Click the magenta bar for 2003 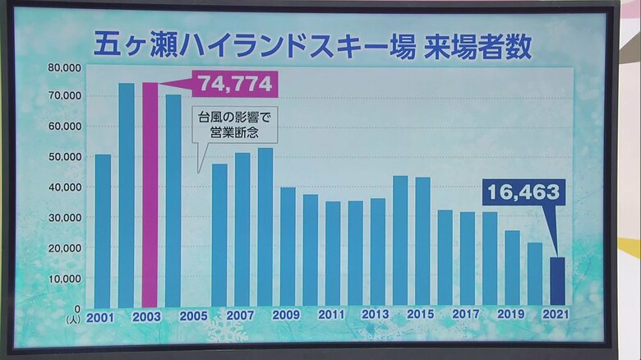pyautogui.click(x=150, y=196)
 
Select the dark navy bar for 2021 pyautogui.click(x=557, y=283)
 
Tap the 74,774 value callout pyautogui.click(x=235, y=83)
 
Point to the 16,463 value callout pyautogui.click(x=523, y=192)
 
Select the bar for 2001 pyautogui.click(x=103, y=231)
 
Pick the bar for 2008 pyautogui.click(x=265, y=228)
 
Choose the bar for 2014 pyautogui.click(x=400, y=242)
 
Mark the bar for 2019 pyautogui.click(x=512, y=269)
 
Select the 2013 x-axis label pyautogui.click(x=375, y=316)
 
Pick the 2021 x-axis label pyautogui.click(x=556, y=316)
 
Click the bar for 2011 pyautogui.click(x=333, y=255)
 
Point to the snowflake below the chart pyautogui.click(x=227, y=330)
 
